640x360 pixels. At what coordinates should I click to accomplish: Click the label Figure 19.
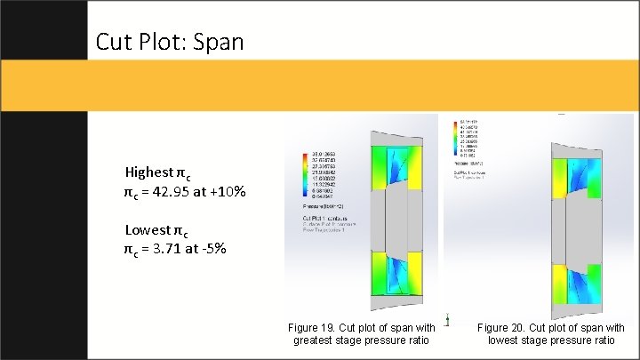pyautogui.click(x=310, y=328)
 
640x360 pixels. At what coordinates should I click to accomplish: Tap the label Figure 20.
pyautogui.click(x=499, y=328)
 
